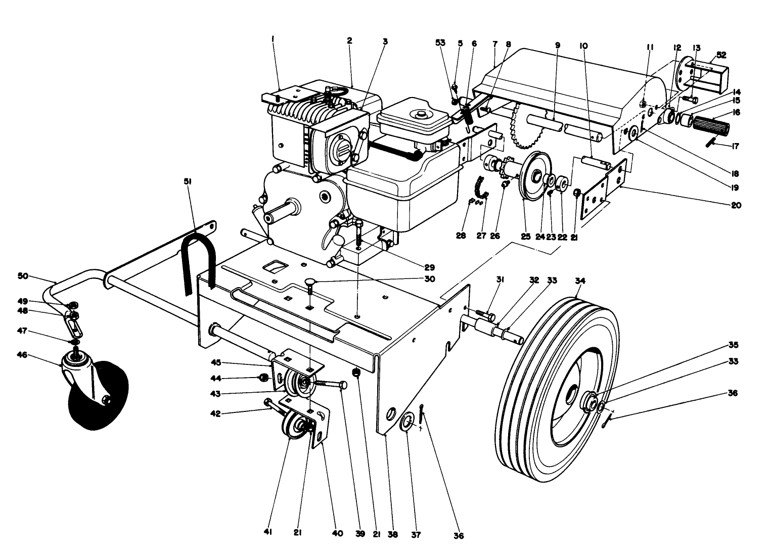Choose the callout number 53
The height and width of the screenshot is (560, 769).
click(440, 43)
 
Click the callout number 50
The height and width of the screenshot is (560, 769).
click(23, 276)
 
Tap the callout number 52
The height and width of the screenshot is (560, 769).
click(721, 55)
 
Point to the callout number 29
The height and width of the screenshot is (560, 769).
click(429, 267)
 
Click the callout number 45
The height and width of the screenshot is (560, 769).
click(217, 362)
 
